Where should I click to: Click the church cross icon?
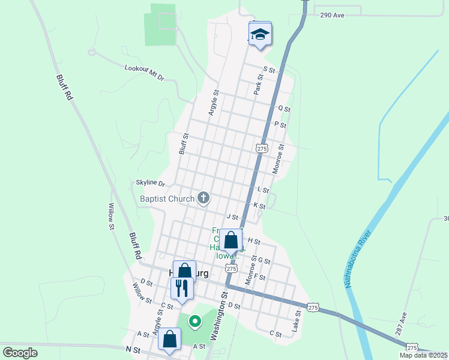[x=203, y=198]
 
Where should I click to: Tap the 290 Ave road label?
[x=332, y=15]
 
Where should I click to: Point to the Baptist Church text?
[x=167, y=199]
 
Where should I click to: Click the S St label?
[x=268, y=70]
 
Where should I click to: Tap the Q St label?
[x=284, y=109]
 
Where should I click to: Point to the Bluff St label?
[x=184, y=144]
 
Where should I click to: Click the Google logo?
[x=20, y=353]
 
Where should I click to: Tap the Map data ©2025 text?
[x=424, y=355]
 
